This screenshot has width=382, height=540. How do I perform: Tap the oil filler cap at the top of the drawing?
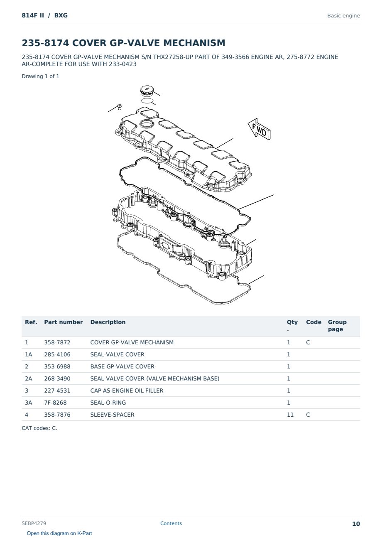(x=147, y=91)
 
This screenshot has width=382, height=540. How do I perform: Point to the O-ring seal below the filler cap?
(x=147, y=101)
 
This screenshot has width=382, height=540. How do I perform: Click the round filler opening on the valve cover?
(x=147, y=124)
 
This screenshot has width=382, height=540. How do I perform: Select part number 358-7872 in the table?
(x=57, y=342)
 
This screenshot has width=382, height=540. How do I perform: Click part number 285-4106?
(x=57, y=354)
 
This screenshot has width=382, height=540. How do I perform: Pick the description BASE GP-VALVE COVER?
(x=122, y=366)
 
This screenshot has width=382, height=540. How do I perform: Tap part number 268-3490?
(x=57, y=378)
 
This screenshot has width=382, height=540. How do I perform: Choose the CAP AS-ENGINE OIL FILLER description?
(x=127, y=390)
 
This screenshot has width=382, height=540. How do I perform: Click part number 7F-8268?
(x=55, y=403)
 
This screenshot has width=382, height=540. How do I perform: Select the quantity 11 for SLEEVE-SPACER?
(x=290, y=415)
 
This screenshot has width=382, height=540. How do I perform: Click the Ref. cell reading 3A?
(x=28, y=403)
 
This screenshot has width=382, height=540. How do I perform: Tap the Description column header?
(x=108, y=322)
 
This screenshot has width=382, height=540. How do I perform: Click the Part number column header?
(x=64, y=322)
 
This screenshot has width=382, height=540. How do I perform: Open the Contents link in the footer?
(x=171, y=523)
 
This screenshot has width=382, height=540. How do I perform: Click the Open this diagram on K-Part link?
(x=59, y=533)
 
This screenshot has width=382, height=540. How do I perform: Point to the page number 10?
(x=356, y=524)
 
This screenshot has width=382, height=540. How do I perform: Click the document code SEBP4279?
(x=34, y=523)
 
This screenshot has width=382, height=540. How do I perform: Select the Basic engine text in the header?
(x=343, y=16)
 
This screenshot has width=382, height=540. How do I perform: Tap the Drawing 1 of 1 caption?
(x=41, y=76)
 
